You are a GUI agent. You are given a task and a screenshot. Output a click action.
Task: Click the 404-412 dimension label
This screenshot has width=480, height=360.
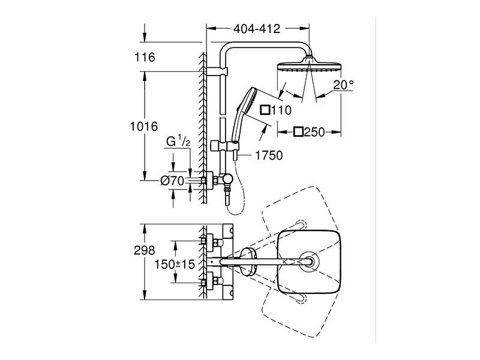click(257, 29)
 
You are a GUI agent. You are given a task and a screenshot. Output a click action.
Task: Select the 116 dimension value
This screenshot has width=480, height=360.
click(145, 57)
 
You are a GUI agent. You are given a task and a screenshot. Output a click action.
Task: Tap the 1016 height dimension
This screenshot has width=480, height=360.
click(144, 126)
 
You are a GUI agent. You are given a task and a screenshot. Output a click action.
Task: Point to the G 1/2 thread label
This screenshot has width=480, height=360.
click(178, 142)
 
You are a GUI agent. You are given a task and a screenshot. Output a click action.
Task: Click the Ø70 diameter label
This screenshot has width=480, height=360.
click(172, 181)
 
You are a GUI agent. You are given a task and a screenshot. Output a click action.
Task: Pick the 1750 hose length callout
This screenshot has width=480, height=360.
click(269, 155)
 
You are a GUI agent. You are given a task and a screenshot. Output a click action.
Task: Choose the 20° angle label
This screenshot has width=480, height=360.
click(343, 85)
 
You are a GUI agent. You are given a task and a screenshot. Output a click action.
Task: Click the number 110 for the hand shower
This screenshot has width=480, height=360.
click(281, 110)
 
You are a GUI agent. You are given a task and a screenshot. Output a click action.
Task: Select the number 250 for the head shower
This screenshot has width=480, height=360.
click(314, 132)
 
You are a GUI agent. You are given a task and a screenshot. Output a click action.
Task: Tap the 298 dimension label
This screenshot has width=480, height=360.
click(145, 250)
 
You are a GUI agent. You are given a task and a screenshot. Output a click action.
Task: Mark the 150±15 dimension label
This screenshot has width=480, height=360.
click(175, 264)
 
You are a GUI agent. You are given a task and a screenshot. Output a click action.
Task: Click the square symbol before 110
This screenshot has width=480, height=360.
click(265, 110)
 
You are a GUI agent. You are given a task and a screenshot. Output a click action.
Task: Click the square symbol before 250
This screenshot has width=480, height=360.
click(298, 132)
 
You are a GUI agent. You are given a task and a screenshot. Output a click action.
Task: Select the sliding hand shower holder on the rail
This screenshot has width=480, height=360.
click(225, 146)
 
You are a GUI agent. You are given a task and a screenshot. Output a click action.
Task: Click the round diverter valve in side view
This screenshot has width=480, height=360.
click(228, 179)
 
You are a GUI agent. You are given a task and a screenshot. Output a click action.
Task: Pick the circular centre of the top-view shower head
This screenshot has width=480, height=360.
click(310, 262)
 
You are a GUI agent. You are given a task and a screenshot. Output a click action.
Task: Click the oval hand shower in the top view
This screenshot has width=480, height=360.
click(248, 262)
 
